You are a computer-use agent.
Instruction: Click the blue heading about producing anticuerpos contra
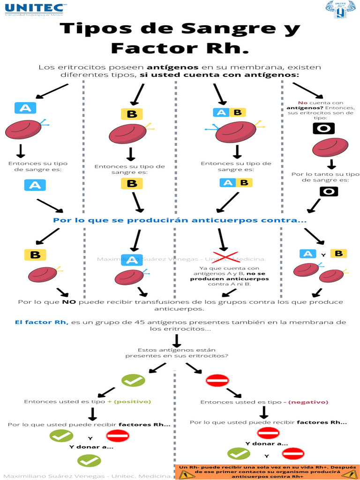click(x=180, y=220)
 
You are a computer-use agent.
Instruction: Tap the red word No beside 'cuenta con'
click(x=302, y=103)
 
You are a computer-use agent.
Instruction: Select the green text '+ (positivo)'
click(x=129, y=402)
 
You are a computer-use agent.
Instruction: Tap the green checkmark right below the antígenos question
click(x=133, y=380)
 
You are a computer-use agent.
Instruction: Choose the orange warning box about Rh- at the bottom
click(x=268, y=472)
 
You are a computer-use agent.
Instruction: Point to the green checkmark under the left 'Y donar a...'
click(x=89, y=461)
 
